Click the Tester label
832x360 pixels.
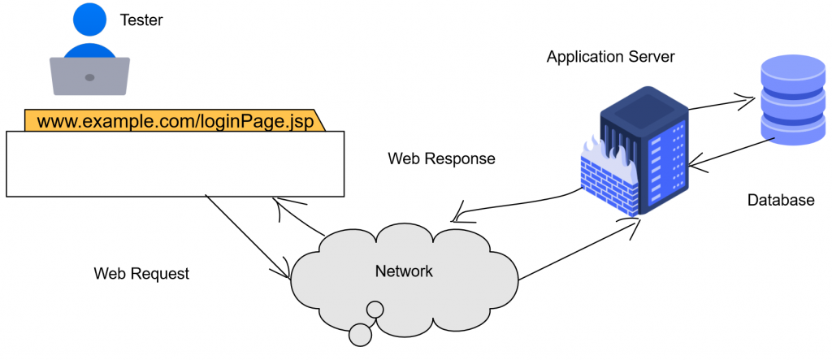point(141,20)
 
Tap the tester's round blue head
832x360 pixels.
point(89,20)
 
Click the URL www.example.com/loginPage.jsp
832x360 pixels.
point(174,121)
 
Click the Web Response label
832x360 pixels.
point(441,158)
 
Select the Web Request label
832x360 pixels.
point(141,274)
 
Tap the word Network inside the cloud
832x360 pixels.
point(404,271)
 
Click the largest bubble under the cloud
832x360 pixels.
point(359,333)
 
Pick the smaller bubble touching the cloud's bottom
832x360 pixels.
point(375,310)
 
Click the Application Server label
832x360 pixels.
point(610,57)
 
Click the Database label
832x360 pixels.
point(780,200)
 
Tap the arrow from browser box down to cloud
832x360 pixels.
point(248,236)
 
